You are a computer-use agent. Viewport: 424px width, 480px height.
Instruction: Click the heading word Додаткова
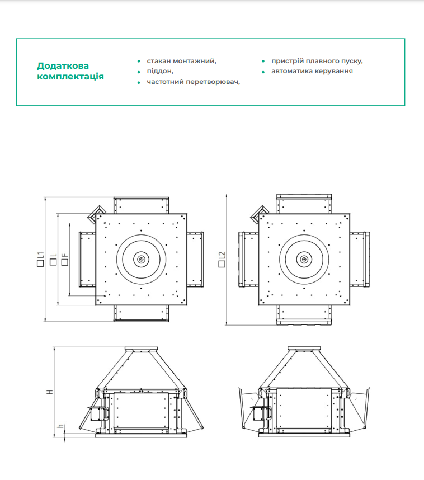[x=63, y=66]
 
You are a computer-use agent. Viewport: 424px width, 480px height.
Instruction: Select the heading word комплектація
[x=70, y=77]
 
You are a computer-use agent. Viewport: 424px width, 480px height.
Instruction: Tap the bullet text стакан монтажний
[x=181, y=60]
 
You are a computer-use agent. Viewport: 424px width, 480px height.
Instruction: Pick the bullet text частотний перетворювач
[x=193, y=82]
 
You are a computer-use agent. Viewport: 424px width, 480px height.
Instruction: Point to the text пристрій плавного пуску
[x=317, y=60]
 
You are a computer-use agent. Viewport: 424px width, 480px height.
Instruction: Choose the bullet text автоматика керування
[x=312, y=71]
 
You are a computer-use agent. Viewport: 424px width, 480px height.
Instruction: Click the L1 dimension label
[x=41, y=260]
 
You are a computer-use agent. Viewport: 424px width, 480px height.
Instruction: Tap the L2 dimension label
[x=222, y=259]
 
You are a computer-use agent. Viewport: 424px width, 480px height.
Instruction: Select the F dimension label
[x=65, y=259]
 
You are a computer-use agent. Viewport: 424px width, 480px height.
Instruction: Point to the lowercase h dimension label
[x=59, y=428]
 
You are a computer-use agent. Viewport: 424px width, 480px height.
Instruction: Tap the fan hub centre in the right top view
[x=304, y=259]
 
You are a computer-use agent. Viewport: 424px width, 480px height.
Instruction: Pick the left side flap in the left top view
[x=87, y=259]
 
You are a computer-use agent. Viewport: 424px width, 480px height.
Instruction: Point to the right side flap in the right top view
[x=359, y=259]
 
